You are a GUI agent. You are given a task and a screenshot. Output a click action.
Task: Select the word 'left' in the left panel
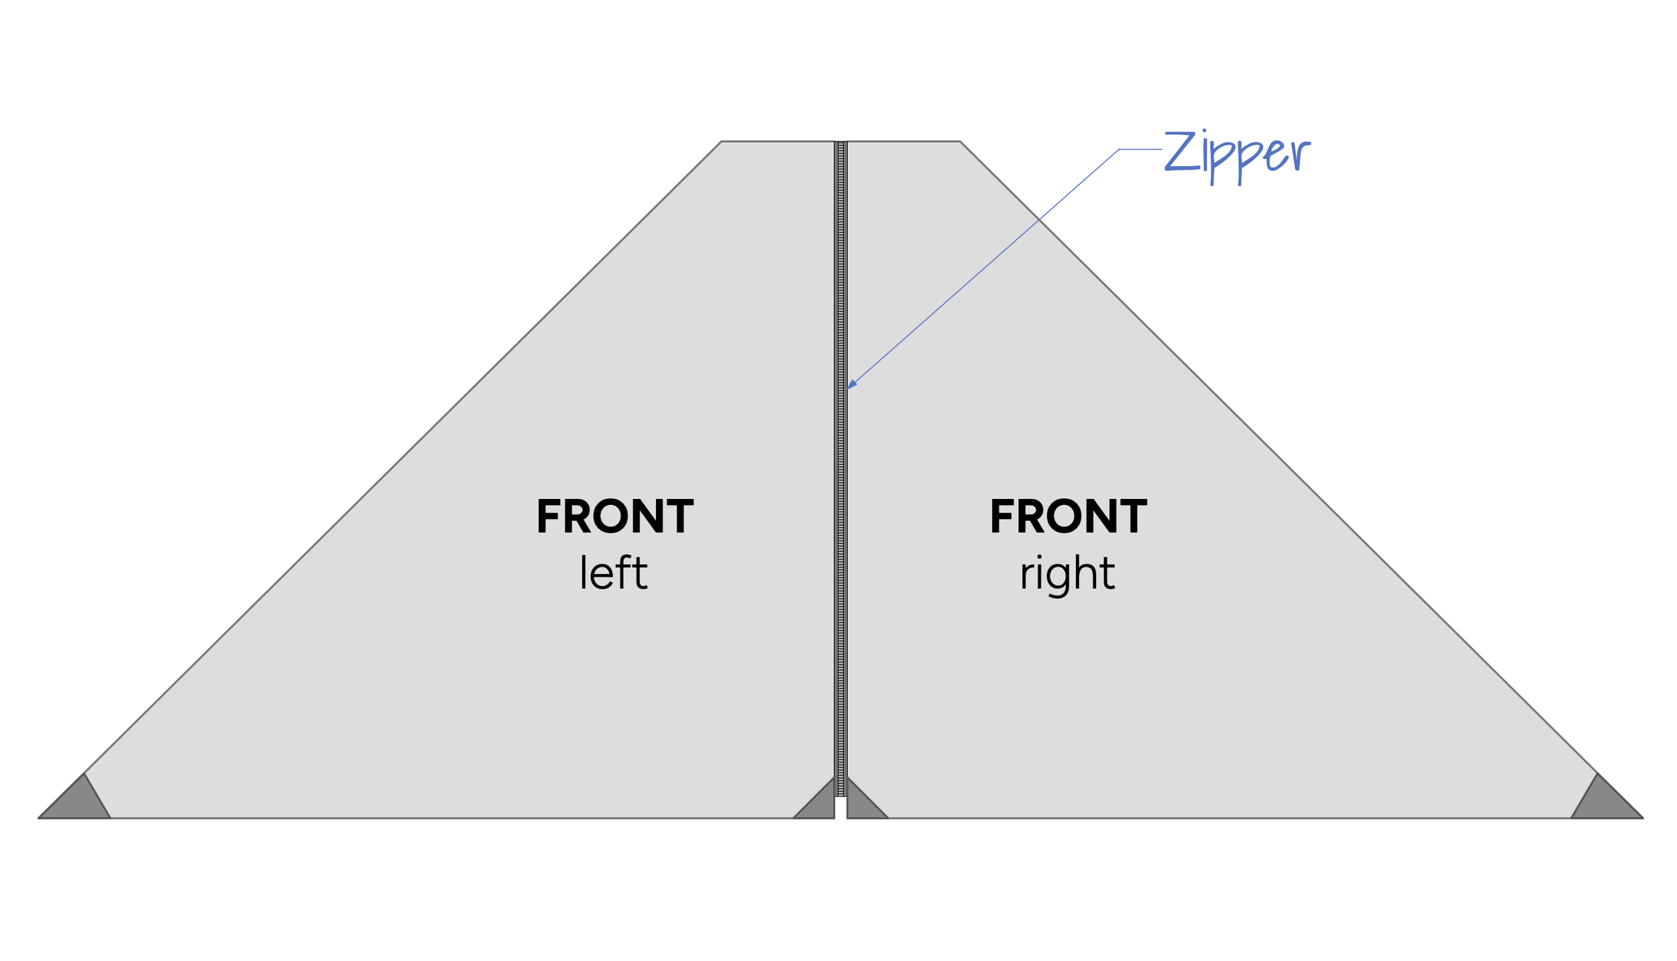click(613, 572)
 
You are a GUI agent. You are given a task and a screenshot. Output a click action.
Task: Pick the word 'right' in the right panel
click(1067, 573)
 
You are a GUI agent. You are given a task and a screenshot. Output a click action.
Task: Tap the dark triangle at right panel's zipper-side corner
click(860, 805)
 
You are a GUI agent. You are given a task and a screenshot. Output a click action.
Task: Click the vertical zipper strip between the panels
click(841, 469)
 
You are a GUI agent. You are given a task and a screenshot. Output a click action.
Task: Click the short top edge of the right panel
click(903, 142)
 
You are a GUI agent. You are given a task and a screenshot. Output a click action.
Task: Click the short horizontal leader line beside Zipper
click(1140, 150)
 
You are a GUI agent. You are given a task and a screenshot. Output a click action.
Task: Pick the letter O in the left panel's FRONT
click(611, 516)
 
